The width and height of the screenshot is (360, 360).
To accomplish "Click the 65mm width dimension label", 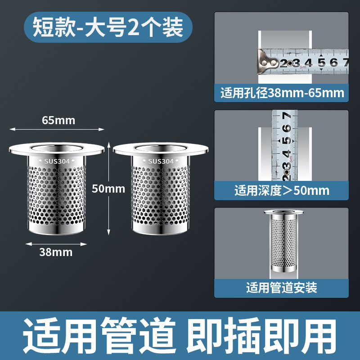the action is coord(58,120).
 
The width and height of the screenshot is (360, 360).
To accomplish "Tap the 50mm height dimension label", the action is coord(108,189).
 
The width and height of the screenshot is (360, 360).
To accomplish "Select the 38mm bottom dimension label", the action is coord(56,252).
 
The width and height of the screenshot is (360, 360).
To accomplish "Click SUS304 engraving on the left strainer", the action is coord(57,162).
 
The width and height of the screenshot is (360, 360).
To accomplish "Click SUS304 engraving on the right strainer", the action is coord(161,162).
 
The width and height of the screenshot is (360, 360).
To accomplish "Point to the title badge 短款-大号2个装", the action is coord(108,27).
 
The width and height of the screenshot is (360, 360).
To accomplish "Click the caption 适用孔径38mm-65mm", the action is coord(282,93).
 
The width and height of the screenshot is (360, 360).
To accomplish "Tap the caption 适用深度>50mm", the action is coord(282,190).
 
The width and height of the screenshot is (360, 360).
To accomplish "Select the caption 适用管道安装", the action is coord(282,288).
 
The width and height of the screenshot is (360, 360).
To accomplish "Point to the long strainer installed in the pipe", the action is coord(283,241).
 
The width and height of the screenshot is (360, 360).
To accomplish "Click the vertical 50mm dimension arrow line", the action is coord(109,189).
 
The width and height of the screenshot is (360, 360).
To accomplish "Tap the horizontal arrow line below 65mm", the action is coord(57,129).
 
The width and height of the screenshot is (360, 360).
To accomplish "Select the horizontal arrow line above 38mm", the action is coord(56,244).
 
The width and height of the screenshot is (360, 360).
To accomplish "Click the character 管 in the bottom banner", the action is coord(119,335).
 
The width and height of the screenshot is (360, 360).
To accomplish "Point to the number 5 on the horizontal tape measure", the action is coord(322,63).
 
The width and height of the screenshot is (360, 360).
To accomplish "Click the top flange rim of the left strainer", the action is coord(57,150).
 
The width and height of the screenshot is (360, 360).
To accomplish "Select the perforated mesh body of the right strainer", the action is coord(161,195).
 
